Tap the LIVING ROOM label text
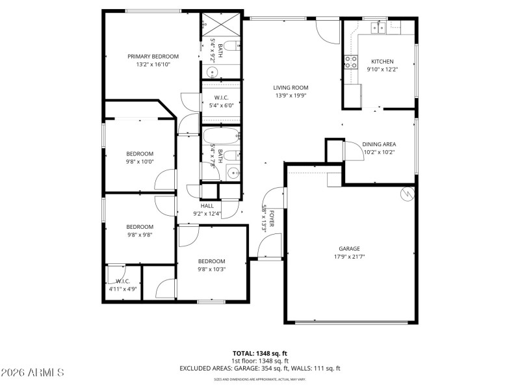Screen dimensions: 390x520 (x=290, y=87)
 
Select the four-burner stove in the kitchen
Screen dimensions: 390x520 (x=351, y=62)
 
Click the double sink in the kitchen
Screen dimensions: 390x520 (x=378, y=27)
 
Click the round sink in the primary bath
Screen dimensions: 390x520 (x=211, y=72)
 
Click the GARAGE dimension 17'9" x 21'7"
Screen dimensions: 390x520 (x=348, y=257)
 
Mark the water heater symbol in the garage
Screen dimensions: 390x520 (x=408, y=193)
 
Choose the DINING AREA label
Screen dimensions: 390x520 (x=379, y=144)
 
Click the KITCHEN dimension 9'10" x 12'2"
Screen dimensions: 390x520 (x=382, y=69)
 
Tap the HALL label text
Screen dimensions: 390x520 (x=207, y=205)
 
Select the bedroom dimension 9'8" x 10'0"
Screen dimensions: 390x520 (x=139, y=162)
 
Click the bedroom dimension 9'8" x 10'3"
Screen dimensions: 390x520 (x=211, y=269)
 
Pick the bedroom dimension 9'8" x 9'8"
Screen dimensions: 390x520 (x=139, y=235)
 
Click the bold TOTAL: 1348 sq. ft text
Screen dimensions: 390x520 (x=259, y=354)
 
